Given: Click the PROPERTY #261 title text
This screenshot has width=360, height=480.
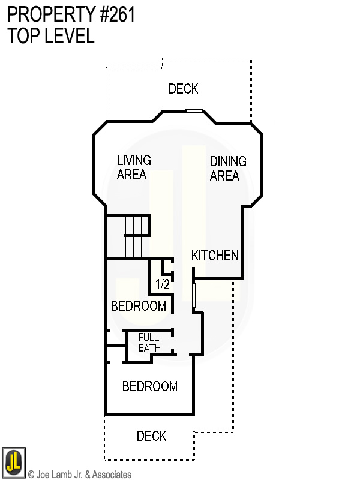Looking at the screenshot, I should [x=71, y=14].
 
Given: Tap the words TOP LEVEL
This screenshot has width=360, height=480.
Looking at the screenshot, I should [x=51, y=36].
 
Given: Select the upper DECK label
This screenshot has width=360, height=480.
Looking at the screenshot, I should [x=183, y=89].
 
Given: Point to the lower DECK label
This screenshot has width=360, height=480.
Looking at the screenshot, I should [x=151, y=436].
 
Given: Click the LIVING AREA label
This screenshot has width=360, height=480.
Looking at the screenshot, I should [x=133, y=167].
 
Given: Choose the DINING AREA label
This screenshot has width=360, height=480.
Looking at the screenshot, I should [x=228, y=169].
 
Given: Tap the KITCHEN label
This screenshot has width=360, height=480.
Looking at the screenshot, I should [x=215, y=256].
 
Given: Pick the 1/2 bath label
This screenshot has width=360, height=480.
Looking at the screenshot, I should [x=163, y=284].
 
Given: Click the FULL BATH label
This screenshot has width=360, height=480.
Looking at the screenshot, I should [x=149, y=343].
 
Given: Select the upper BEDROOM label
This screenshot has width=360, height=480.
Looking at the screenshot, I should [x=139, y=306].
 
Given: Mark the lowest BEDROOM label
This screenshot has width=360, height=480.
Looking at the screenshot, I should [x=150, y=386].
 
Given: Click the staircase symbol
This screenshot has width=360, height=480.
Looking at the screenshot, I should [x=136, y=236].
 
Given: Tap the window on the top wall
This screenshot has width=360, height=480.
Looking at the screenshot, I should [x=194, y=110].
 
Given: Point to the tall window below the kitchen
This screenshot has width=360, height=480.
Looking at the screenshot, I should [x=194, y=295].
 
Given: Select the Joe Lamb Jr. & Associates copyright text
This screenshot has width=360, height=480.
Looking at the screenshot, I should [x=80, y=475].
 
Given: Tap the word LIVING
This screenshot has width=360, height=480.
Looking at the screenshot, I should [x=133, y=160].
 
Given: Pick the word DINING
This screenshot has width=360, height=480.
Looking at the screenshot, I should [x=228, y=161].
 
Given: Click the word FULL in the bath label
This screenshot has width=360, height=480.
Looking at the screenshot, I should [x=149, y=337].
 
